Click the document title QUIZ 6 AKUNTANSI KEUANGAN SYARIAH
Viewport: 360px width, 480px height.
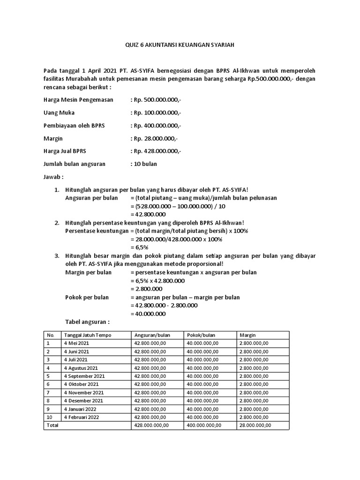(x=180, y=45)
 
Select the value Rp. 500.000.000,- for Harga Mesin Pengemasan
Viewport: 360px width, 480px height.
(x=155, y=100)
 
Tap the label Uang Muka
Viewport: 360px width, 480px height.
(x=59, y=113)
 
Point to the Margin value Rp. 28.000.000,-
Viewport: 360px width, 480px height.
(x=154, y=139)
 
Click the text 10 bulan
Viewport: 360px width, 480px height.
(x=143, y=164)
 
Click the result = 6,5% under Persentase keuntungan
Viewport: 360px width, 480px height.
(x=139, y=247)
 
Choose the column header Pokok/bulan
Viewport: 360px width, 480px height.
(x=201, y=335)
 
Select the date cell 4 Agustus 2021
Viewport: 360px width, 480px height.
(x=81, y=368)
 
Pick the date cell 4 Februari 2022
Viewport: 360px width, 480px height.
(x=81, y=417)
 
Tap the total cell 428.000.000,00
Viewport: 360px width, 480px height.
(x=151, y=425)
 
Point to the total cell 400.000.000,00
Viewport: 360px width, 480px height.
(x=204, y=425)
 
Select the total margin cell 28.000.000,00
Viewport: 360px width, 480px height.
(x=255, y=425)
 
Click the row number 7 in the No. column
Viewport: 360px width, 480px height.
(x=48, y=392)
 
